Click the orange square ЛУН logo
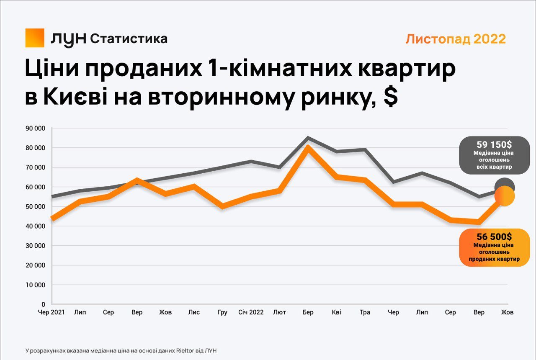[35, 38]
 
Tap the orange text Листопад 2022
[456, 39]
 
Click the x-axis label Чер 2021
[52, 312]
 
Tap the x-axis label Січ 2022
[251, 312]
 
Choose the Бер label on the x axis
[308, 312]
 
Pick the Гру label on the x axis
[222, 312]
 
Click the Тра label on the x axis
[365, 312]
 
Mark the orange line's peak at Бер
[308, 147]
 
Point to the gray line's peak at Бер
[308, 137]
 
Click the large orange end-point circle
[505, 196]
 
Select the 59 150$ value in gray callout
[494, 144]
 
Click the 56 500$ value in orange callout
[494, 237]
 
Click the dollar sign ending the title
[390, 98]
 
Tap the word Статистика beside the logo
[129, 39]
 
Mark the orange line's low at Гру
[222, 206]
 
